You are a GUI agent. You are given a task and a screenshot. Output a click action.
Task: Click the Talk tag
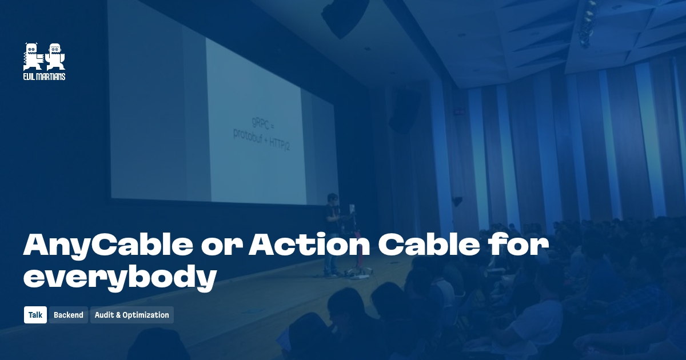coord(35,315)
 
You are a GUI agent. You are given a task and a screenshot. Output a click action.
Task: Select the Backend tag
coord(69,315)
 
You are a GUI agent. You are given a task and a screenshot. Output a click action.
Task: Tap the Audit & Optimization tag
coord(131,315)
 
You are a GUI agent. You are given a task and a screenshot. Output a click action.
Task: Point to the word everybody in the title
coord(120,277)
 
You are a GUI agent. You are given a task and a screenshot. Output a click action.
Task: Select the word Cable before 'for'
coord(426,245)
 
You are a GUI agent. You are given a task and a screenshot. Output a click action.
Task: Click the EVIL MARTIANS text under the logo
coord(44,77)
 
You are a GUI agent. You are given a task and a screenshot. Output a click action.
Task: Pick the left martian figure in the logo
coord(33,57)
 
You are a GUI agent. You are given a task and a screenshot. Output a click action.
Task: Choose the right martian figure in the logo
coord(55,57)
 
